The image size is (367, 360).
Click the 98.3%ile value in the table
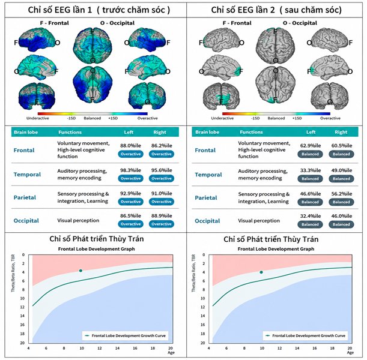[x=130, y=170]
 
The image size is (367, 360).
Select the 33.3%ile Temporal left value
[x=311, y=170]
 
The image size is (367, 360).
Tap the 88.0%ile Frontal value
[x=130, y=146]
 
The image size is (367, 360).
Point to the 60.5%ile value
[x=342, y=146]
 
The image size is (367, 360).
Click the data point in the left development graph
[x=80, y=271]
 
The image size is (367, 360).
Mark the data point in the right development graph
[x=261, y=272]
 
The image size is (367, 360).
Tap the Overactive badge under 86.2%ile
[x=162, y=154]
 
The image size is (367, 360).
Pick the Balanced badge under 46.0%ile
[x=341, y=224]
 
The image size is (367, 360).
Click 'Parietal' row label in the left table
[x=25, y=197]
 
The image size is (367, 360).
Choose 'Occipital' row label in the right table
[x=207, y=221]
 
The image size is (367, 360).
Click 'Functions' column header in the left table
[x=70, y=133]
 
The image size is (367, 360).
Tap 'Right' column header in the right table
[x=341, y=133]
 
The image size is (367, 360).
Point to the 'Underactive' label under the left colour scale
[x=38, y=118]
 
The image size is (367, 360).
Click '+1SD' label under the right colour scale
[x=297, y=118]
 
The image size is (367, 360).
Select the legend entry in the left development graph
[x=125, y=335]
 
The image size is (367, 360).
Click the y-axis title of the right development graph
[x=193, y=273]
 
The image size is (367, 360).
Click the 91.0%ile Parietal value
[x=162, y=194]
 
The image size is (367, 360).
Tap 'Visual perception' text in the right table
[x=259, y=221]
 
